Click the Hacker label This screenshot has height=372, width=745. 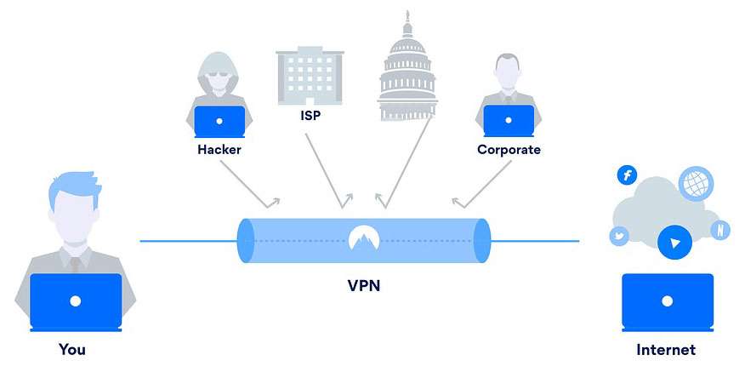pos(219,150)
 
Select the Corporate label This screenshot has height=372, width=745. pos(509,150)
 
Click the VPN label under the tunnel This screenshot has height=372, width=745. pos(363,285)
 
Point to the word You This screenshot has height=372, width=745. pos(72,349)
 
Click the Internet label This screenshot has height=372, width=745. pos(666,350)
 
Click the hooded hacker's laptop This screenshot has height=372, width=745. pos(219,122)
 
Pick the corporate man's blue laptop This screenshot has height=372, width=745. pos(509,122)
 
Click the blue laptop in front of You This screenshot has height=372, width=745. pos(76,301)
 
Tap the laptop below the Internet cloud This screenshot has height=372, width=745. pos(668,301)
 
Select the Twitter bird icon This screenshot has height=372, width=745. pos(618,235)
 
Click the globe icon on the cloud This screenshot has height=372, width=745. pos(696,183)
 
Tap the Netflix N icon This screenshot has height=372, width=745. pos(720,230)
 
